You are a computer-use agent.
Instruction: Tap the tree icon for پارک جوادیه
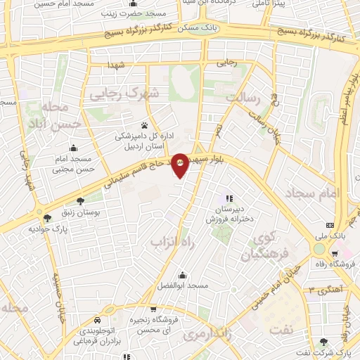(47, 218)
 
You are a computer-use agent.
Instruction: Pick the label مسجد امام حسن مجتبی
(75, 165)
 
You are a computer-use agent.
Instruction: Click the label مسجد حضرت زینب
(136, 13)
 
